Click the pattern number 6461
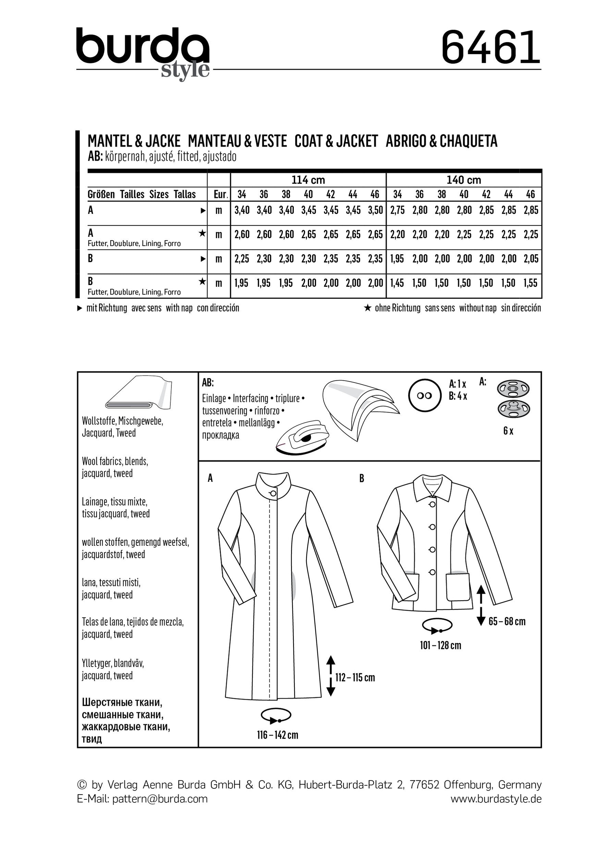tap(491, 48)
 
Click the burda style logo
tap(143, 52)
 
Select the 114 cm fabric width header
tap(308, 180)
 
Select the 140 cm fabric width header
tap(464, 180)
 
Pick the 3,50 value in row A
tap(375, 210)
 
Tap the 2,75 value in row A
tap(397, 210)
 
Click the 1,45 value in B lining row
tap(397, 283)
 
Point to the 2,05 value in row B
tap(531, 259)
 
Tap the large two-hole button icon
tap(424, 396)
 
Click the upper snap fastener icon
tap(513, 389)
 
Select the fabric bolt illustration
tap(138, 395)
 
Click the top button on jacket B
tap(432, 505)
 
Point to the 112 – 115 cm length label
tap(355, 678)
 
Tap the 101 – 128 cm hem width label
tap(441, 645)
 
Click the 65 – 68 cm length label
tap(507, 622)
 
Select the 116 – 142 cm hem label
tap(278, 735)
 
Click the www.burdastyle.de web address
tap(496, 799)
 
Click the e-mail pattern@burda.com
tap(142, 799)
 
